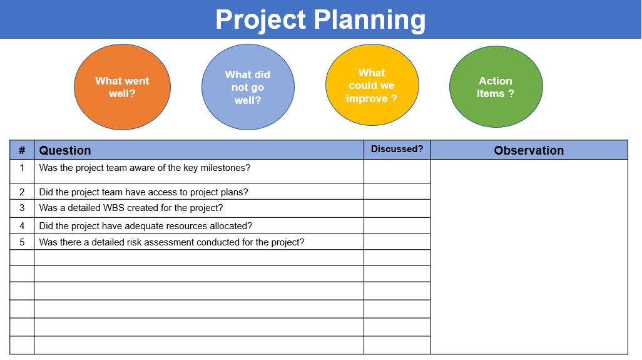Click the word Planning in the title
click(370, 20)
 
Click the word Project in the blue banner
click(260, 20)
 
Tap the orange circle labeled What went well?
click(123, 87)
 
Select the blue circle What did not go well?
click(248, 87)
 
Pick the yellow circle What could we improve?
click(372, 85)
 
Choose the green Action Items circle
click(496, 87)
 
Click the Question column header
click(65, 150)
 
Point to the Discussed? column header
click(397, 149)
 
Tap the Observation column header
click(529, 150)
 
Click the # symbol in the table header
click(22, 150)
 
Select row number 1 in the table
click(22, 168)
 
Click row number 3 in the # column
click(22, 208)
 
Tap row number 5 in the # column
click(22, 242)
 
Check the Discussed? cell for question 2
click(397, 192)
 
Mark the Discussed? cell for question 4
click(397, 225)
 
